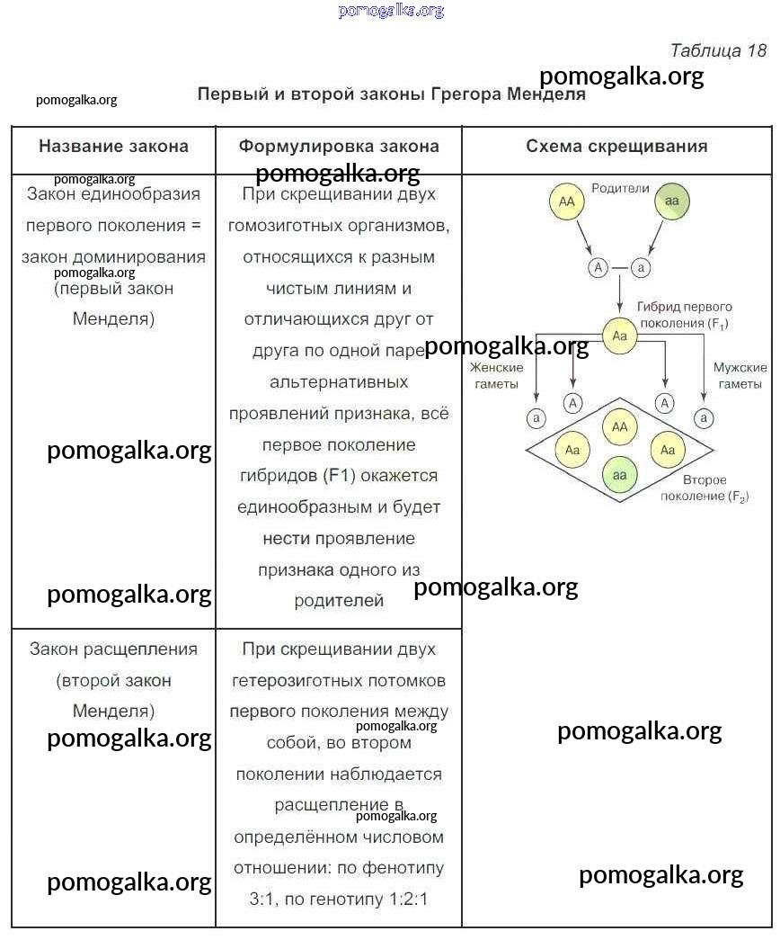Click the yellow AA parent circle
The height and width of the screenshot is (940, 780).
click(x=566, y=202)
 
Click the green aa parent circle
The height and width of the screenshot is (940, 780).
click(x=672, y=201)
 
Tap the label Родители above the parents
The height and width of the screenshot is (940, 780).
click(x=620, y=188)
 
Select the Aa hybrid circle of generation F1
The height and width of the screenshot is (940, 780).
click(x=619, y=336)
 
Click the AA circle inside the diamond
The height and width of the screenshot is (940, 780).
click(x=619, y=427)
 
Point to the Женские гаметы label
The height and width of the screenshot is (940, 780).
click(x=496, y=376)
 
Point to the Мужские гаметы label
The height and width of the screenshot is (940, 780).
click(x=740, y=376)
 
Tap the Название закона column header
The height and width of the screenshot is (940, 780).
click(x=113, y=146)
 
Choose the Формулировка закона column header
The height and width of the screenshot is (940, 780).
click(x=339, y=146)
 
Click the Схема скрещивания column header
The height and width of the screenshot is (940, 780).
click(x=616, y=146)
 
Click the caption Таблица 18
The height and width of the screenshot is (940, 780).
click(x=718, y=50)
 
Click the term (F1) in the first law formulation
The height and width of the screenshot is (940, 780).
click(x=339, y=476)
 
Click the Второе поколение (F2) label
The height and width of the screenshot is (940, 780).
click(x=705, y=488)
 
